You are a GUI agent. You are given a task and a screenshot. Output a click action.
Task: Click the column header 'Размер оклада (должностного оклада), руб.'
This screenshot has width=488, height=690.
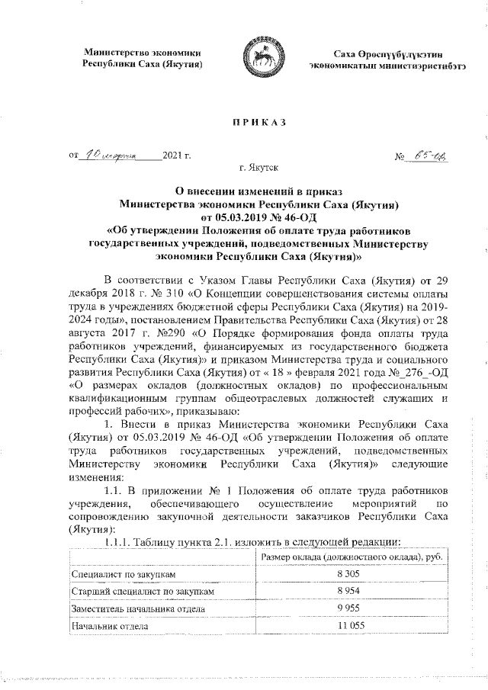[352, 556]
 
